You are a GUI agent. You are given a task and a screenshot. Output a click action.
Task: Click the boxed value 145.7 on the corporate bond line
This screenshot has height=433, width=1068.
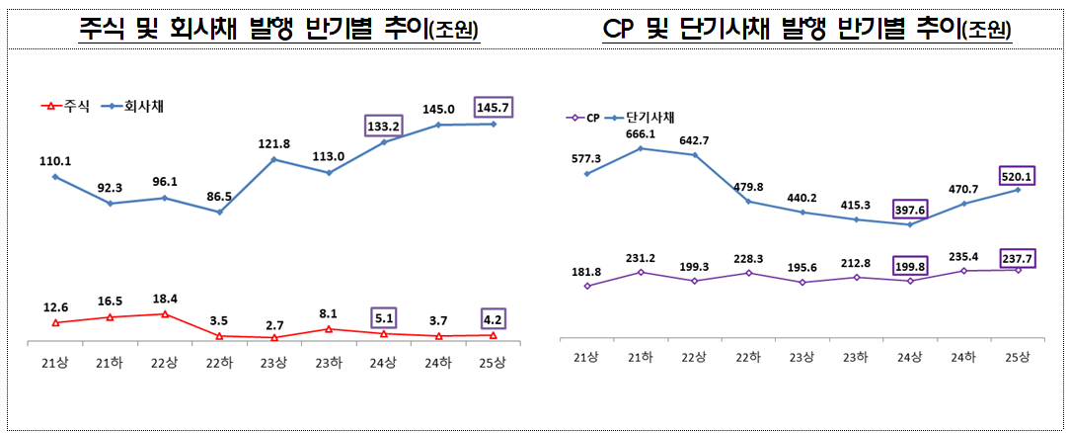click(x=494, y=105)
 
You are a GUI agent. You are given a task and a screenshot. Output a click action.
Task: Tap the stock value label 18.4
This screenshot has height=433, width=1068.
click(x=165, y=298)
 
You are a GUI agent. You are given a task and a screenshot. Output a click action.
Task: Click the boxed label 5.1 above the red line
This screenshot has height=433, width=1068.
click(x=384, y=318)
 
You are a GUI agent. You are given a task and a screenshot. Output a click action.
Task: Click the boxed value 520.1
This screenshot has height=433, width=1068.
click(x=1019, y=174)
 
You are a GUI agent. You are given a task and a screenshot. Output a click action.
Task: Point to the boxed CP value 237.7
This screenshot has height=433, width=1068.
click(x=1019, y=259)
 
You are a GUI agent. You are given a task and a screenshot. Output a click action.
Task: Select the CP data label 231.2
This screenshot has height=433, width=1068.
click(x=641, y=256)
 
